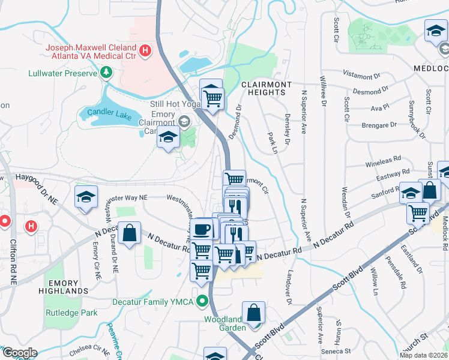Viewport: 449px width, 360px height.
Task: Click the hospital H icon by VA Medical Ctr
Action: coord(144,51)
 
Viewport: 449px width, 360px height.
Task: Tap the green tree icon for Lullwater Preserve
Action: coord(106,73)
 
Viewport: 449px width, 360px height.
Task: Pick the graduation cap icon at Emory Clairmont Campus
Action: coord(169,138)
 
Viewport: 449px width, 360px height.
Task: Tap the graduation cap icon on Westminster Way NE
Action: coord(86,196)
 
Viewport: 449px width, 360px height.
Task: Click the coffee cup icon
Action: coord(201,228)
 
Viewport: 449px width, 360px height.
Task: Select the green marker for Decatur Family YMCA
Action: coord(203,301)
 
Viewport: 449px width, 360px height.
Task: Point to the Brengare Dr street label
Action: coord(379,125)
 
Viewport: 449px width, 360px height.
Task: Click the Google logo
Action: coord(19,353)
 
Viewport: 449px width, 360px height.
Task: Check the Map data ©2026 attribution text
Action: coord(424,355)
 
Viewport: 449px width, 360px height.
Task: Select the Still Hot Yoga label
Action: coord(174,104)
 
